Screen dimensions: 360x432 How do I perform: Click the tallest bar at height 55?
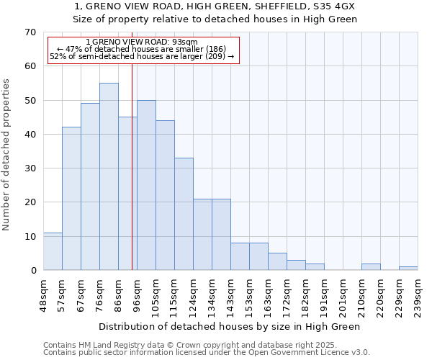(x=109, y=176)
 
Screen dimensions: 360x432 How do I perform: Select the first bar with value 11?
(x=53, y=251)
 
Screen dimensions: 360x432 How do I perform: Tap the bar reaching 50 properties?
(x=146, y=185)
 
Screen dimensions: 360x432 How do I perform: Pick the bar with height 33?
(x=184, y=214)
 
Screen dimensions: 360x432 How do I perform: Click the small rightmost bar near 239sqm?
(x=408, y=268)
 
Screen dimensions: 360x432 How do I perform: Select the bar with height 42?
(x=71, y=199)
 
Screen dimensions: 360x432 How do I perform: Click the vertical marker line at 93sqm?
(x=132, y=166)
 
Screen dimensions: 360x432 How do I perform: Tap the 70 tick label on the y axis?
(x=30, y=32)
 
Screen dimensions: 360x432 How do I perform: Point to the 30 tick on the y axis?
(x=30, y=168)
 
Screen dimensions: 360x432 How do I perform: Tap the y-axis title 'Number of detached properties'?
(x=6, y=155)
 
